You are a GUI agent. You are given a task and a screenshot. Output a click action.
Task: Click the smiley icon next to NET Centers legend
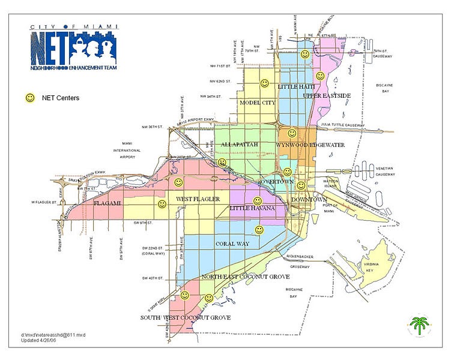(x=29, y=97)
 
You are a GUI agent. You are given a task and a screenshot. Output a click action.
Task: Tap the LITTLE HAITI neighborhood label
(x=296, y=87)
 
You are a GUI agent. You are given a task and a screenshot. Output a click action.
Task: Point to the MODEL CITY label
(x=257, y=103)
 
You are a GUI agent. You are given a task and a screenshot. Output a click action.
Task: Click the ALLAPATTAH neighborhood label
(x=240, y=145)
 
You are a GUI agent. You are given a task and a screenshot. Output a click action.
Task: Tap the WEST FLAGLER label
(x=198, y=199)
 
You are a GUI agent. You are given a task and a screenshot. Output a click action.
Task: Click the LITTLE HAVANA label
(x=253, y=208)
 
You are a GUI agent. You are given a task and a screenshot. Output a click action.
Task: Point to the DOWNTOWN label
(x=309, y=199)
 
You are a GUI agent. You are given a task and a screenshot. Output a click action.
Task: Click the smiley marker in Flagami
(x=162, y=204)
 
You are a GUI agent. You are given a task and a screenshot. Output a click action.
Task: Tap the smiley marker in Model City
(x=264, y=83)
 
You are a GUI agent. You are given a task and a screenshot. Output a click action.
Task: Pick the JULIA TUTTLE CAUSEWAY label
(x=343, y=124)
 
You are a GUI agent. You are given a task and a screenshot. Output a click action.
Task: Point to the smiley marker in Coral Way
(x=259, y=229)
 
